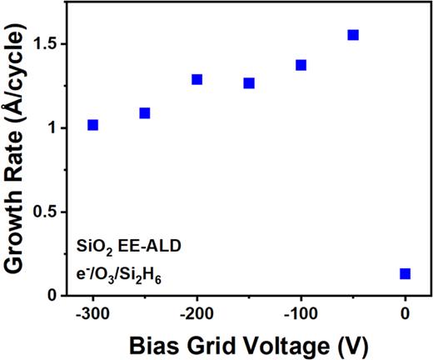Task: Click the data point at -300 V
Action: tap(92, 125)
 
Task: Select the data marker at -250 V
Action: tap(145, 112)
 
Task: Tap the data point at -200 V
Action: tap(197, 79)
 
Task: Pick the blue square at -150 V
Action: tap(249, 83)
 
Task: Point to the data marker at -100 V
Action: tap(301, 65)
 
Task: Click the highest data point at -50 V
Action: tap(353, 35)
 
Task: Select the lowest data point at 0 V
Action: tap(405, 273)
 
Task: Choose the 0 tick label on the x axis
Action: tap(406, 314)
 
